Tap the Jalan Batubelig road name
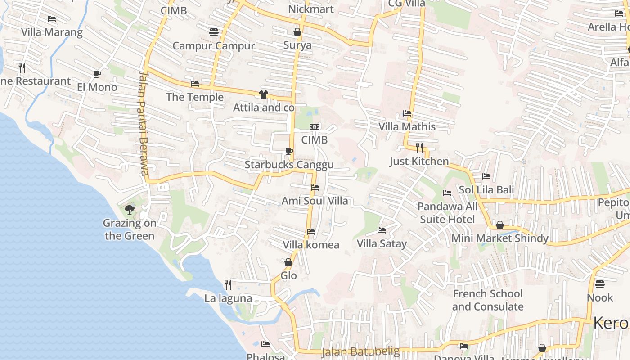[360, 351]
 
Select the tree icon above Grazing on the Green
[130, 209]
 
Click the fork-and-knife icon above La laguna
[228, 284]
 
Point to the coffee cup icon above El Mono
[97, 74]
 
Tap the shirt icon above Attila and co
[264, 94]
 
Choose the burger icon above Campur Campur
[214, 32]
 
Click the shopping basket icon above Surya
[297, 31]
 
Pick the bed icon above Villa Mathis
[407, 113]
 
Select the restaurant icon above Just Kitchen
[419, 148]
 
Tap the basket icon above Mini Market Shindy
[500, 225]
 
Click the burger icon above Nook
[600, 284]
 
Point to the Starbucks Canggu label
[289, 165]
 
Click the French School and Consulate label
[488, 300]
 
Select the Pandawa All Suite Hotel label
[447, 213]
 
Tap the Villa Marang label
[52, 32]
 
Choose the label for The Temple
[195, 97]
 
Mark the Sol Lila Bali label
[486, 190]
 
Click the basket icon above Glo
[288, 262]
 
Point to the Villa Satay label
[382, 244]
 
